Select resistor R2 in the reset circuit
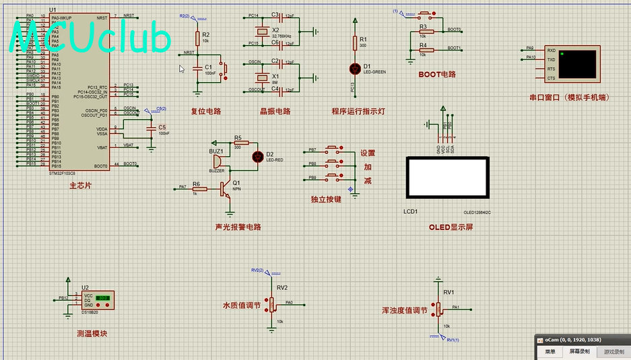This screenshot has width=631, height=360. click(x=197, y=38)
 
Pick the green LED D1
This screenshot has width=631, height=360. click(x=355, y=68)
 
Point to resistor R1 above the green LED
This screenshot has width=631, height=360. click(x=355, y=42)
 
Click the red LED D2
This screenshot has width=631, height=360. click(x=257, y=157)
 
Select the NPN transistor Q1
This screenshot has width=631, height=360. click(x=224, y=189)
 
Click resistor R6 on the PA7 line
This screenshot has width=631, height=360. click(x=199, y=189)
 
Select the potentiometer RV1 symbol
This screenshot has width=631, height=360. click(x=438, y=309)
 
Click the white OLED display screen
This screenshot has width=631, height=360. click(x=446, y=178)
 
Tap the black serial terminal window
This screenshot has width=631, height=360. click(x=580, y=63)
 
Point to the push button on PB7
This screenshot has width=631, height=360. click(x=333, y=150)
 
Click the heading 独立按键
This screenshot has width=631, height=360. click(x=325, y=199)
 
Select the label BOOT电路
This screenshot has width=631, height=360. click(x=437, y=75)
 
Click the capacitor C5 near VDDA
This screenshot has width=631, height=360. click(x=152, y=129)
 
